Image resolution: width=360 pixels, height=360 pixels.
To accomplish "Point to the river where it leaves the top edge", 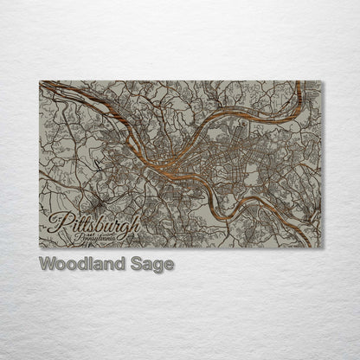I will tap(299, 83).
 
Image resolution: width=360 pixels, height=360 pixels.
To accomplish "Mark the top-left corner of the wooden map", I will tap(40, 81).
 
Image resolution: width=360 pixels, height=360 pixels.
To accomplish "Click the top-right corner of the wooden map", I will tap(321, 81).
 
